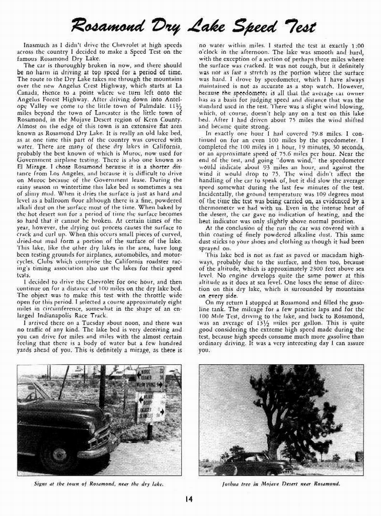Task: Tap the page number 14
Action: (188, 499)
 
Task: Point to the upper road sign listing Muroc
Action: (150, 379)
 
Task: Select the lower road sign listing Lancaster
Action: (149, 407)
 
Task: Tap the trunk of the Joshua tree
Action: (274, 443)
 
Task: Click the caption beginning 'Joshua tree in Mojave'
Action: (281, 483)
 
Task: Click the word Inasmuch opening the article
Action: (36, 44)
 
